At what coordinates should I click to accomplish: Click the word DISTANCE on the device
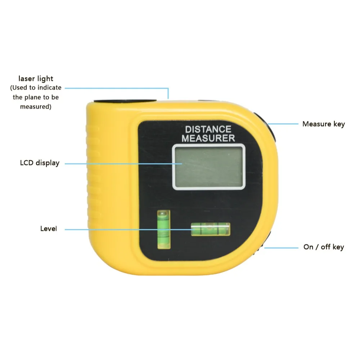point(208,129)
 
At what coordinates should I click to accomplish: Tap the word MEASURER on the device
point(208,138)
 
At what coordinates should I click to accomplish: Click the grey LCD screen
point(208,166)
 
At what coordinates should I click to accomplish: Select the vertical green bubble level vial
point(163,230)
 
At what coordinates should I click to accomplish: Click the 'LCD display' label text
point(40,163)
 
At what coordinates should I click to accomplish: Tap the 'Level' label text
point(49,229)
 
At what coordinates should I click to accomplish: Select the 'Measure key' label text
point(323,124)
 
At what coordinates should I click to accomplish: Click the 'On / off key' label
point(323,247)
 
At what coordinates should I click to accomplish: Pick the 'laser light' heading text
point(36,78)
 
